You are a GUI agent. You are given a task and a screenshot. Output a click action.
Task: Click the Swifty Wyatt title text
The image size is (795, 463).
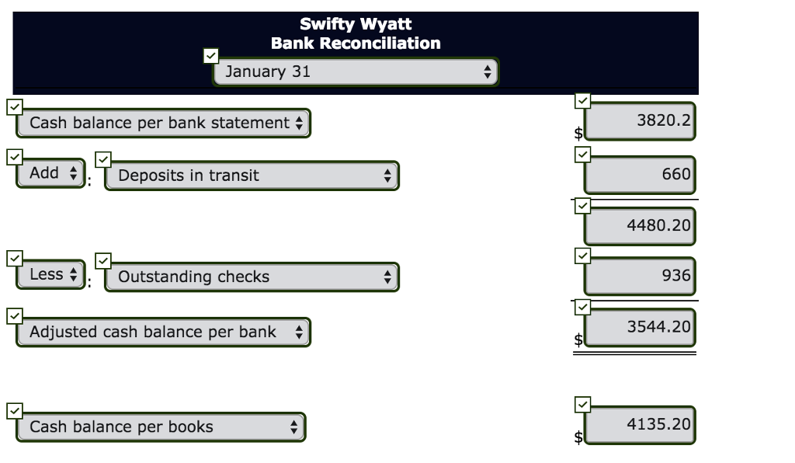356,25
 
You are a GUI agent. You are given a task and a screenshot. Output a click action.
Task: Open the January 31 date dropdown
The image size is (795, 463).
356,72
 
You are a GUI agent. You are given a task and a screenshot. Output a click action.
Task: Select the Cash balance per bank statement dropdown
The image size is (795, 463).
164,124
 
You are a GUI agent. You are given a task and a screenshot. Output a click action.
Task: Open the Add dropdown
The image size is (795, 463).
50,173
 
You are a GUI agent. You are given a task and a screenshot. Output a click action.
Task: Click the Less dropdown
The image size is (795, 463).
50,274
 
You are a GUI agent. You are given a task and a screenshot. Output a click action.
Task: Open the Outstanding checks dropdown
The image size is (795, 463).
252,277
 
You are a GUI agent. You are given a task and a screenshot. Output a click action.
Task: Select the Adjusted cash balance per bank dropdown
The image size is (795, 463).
164,332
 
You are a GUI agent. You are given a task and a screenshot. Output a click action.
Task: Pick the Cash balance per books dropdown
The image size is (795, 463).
161,427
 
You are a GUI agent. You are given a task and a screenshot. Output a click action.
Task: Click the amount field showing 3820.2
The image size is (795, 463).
640,121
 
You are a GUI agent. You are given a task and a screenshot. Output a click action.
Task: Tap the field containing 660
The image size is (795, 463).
640,175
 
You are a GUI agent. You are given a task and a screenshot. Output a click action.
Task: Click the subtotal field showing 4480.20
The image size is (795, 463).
640,226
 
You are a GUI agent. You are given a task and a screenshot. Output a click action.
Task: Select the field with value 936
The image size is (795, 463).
640,276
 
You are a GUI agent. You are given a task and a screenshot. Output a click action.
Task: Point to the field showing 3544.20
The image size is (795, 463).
640,327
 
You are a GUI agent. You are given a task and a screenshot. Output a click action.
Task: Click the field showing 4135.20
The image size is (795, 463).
640,424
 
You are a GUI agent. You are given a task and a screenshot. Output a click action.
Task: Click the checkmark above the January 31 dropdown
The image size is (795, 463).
210,56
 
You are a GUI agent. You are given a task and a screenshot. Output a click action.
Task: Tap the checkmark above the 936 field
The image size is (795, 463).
583,255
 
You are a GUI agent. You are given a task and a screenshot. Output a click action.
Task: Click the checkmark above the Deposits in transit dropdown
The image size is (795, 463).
103,158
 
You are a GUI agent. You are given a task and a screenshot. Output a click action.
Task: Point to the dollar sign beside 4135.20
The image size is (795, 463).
578,437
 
